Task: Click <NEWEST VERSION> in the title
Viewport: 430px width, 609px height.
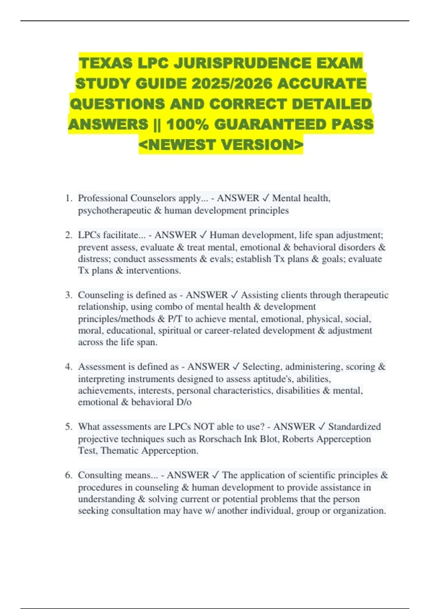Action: coord(221,145)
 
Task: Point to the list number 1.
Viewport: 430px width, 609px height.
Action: coord(68,198)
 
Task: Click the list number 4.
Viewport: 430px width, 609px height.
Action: coord(68,367)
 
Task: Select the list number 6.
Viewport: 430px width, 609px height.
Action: coord(68,475)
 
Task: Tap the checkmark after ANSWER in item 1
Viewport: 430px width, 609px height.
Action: coord(266,198)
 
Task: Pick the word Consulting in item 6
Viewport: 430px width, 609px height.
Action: coord(100,475)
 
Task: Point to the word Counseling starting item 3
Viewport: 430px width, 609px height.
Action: coord(101,295)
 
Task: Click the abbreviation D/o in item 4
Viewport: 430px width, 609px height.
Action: coord(184,402)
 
